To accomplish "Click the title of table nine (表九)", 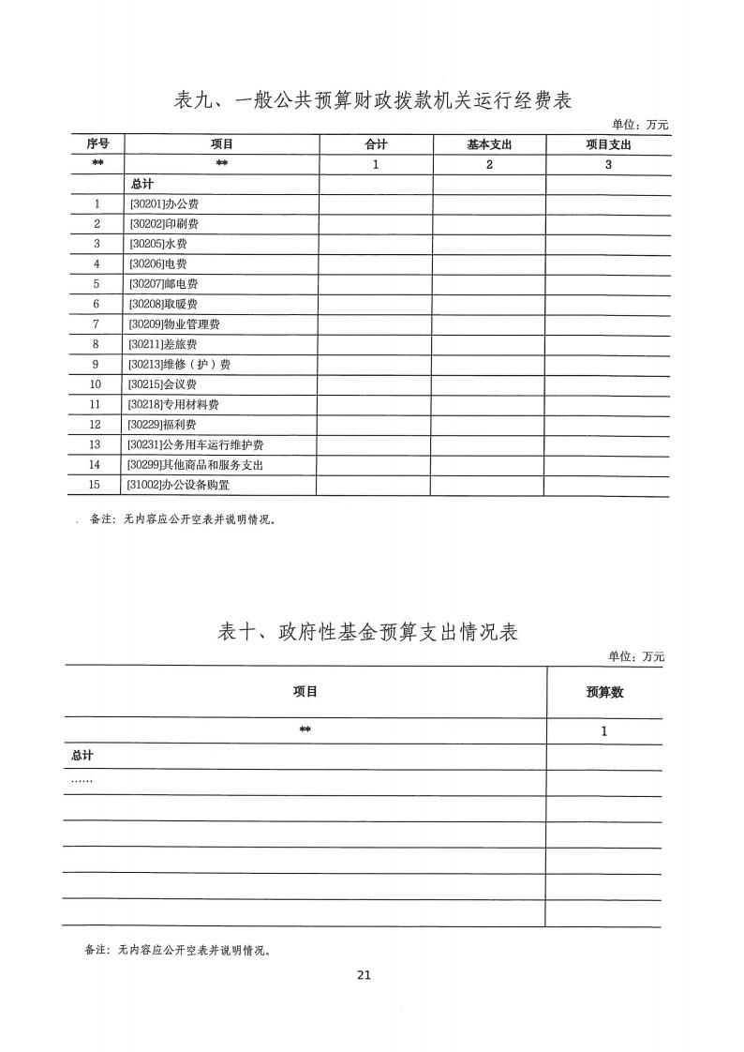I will pos(373,100).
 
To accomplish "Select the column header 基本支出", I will pos(489,144).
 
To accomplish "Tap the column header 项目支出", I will pos(608,144).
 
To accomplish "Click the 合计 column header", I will pos(376,144).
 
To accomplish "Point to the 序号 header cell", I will pos(97,143).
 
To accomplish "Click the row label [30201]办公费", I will pos(156,203).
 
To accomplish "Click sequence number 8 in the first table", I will pos(97,344).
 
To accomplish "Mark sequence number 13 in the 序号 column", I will pos(95,445).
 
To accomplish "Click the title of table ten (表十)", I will pos(367,632).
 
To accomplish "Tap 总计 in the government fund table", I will pos(82,756).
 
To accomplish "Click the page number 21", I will pos(365,975).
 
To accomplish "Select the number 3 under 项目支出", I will pos(608,165).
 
